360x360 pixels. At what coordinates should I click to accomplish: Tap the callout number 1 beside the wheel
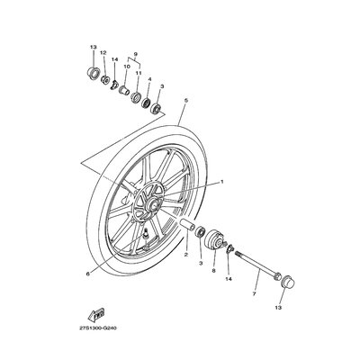tap(222, 182)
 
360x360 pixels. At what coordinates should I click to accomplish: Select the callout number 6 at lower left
tap(87, 274)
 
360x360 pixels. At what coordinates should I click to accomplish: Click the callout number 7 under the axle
tap(254, 294)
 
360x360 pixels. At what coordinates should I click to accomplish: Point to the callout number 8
tap(213, 270)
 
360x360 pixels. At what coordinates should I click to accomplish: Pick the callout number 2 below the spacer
tap(186, 255)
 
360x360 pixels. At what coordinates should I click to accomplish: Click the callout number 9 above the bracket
tap(135, 54)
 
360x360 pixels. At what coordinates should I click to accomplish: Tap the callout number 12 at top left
tap(103, 53)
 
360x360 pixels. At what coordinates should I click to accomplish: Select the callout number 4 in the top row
tap(149, 79)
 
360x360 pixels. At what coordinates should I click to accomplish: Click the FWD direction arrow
tap(96, 314)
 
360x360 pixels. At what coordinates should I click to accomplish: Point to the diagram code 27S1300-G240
tap(98, 328)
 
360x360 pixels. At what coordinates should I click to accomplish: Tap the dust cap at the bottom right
tap(288, 283)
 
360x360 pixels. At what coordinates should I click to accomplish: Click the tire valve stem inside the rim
tap(146, 233)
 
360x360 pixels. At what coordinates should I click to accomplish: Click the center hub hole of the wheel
tap(154, 205)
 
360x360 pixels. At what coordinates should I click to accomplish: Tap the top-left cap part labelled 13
tap(93, 73)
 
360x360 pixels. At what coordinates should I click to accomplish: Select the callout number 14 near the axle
tap(229, 279)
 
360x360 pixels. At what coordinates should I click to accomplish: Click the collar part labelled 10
tap(124, 89)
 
